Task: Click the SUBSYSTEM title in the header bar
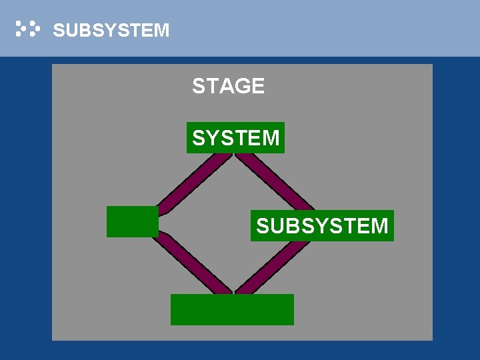click(111, 31)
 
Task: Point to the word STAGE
click(228, 86)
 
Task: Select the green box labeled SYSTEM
click(235, 138)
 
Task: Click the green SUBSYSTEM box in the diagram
click(322, 226)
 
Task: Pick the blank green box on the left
click(133, 221)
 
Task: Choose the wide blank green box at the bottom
click(232, 309)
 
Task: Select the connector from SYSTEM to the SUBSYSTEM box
click(273, 181)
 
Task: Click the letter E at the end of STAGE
click(258, 86)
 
